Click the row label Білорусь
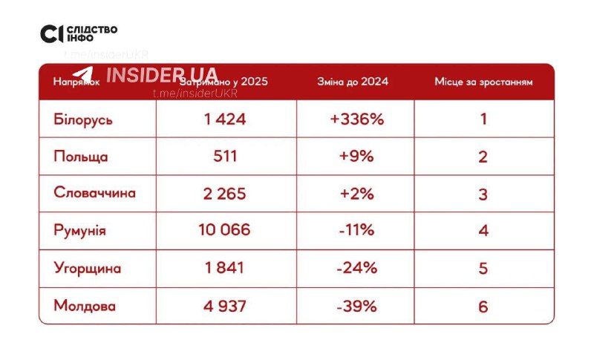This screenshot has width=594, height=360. [x=83, y=120]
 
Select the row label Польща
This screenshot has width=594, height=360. [x=81, y=157]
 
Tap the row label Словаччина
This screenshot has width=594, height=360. [x=95, y=193]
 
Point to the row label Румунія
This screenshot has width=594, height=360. [x=80, y=230]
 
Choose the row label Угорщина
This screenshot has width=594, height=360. [x=88, y=268]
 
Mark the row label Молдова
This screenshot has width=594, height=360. [x=85, y=305]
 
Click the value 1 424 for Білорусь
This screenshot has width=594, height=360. [x=225, y=119]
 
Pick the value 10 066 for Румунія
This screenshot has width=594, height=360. [x=225, y=230]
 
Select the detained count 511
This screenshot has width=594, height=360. [x=225, y=156]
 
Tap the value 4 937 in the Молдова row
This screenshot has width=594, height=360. [x=225, y=305]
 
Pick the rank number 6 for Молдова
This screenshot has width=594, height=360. [x=483, y=305]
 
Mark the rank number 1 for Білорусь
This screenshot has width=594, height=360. [x=483, y=119]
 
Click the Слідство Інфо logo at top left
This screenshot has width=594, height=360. [x=79, y=33]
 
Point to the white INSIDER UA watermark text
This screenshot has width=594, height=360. [x=163, y=75]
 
